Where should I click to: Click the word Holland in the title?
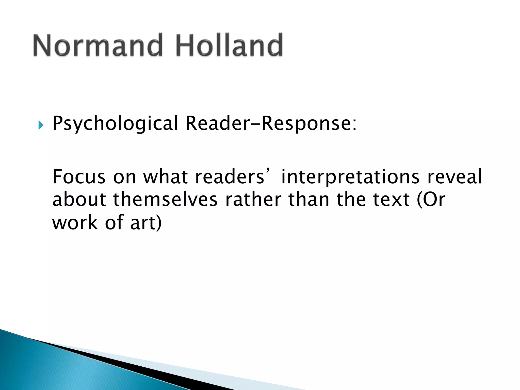click(229, 45)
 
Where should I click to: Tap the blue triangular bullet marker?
click(41, 125)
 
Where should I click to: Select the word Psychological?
click(115, 124)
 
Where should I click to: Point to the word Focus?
click(79, 177)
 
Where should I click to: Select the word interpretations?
click(350, 177)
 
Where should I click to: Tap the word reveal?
click(454, 177)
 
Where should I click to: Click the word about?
click(79, 199)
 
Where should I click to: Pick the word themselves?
click(165, 199)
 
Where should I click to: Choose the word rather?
click(253, 199)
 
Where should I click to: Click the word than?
click(308, 199)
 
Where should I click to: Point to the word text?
click(391, 199)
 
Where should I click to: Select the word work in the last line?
click(75, 222)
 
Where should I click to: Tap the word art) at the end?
click(146, 222)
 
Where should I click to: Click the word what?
click(165, 177)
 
